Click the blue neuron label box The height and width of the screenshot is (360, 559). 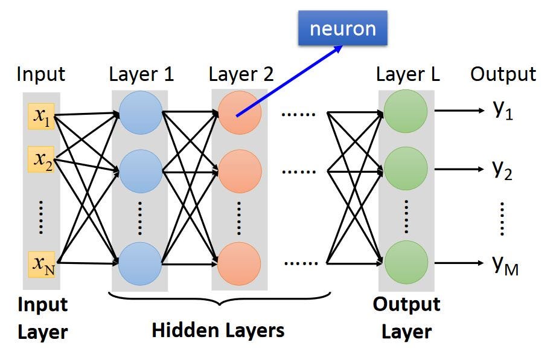click(342, 28)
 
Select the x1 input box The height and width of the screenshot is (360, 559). click(42, 117)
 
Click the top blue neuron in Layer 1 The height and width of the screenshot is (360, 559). click(141, 113)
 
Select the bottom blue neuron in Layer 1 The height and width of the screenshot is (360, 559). click(140, 263)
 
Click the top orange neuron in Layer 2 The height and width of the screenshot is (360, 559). click(240, 113)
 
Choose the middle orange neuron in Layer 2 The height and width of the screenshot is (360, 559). click(240, 171)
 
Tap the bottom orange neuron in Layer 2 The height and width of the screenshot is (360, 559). click(240, 263)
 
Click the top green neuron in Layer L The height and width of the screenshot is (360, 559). click(406, 111)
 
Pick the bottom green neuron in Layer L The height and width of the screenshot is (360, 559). click(406, 263)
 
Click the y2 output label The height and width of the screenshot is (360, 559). click(502, 171)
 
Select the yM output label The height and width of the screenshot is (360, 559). click(505, 264)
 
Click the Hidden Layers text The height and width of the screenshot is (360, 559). click(218, 330)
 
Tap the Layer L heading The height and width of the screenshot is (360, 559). click(407, 75)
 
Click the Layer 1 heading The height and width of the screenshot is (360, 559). click(141, 75)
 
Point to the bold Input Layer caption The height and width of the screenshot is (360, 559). click(42, 318)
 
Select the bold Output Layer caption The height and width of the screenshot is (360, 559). click(406, 318)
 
